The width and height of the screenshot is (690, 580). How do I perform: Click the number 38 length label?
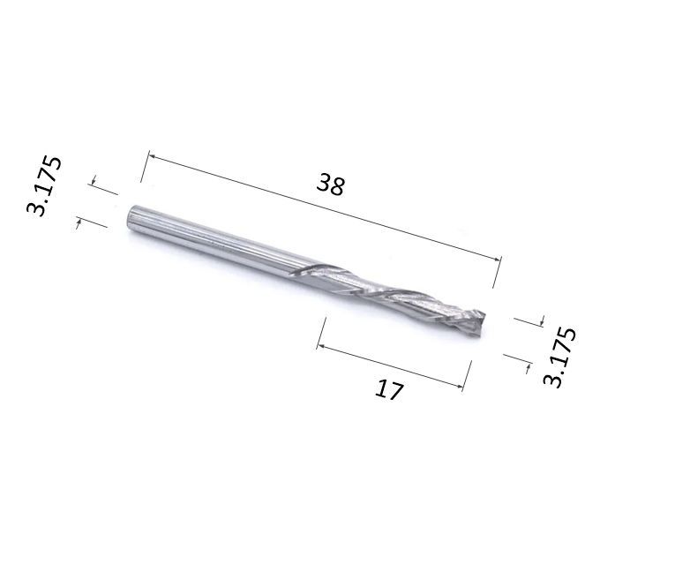click(330, 184)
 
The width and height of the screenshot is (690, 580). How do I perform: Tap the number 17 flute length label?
click(388, 389)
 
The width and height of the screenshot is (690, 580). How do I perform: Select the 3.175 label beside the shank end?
click(44, 185)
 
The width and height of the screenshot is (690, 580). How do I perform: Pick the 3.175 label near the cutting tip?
click(559, 357)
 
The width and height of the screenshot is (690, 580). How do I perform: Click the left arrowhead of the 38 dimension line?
click(153, 155)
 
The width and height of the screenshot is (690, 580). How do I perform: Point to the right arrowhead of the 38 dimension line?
click(497, 259)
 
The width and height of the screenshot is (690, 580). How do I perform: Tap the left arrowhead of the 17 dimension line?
click(320, 346)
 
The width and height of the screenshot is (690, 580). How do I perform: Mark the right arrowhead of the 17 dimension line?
click(459, 387)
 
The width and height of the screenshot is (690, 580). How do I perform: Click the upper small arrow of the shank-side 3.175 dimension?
click(94, 181)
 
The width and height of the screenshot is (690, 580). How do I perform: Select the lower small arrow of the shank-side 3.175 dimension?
click(79, 222)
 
